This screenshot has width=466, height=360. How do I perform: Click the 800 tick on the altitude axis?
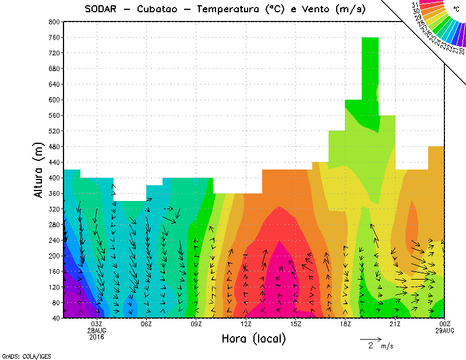[54, 22]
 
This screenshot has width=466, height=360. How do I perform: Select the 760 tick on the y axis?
[54, 37]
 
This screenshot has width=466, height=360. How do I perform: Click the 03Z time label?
[97, 324]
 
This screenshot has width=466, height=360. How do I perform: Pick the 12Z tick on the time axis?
[246, 324]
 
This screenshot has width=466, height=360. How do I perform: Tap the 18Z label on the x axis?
[345, 324]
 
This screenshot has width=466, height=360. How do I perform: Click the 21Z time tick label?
[395, 324]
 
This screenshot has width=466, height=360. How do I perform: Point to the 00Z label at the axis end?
[445, 324]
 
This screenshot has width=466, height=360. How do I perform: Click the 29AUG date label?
[445, 330]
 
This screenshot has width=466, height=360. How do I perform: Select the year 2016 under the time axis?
[97, 337]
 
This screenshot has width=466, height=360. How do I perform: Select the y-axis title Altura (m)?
[39, 170]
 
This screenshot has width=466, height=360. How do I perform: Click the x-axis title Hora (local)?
[253, 338]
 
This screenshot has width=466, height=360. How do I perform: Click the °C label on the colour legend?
[456, 9]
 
